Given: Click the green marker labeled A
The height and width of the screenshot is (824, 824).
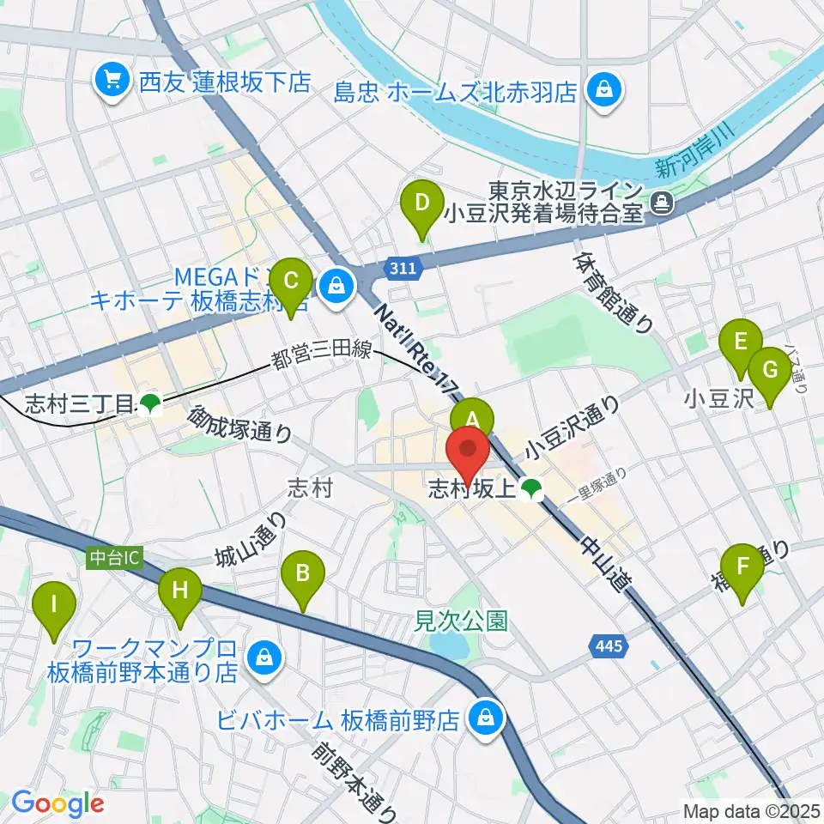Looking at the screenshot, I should (472, 419).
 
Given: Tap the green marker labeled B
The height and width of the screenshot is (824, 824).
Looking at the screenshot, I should (302, 572).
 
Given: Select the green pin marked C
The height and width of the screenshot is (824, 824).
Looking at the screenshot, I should (290, 281).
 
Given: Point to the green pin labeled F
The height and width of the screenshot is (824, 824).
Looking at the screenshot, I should (742, 566).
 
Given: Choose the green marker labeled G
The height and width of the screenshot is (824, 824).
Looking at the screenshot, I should (769, 370).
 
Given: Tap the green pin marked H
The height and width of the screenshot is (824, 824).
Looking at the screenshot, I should (180, 590).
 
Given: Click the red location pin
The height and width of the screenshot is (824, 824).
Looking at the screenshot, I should (469, 451).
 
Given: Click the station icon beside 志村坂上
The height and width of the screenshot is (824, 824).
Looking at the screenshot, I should (530, 489).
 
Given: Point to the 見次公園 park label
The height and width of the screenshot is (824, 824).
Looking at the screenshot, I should (461, 618).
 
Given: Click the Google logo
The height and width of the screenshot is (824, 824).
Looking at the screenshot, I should (58, 803).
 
